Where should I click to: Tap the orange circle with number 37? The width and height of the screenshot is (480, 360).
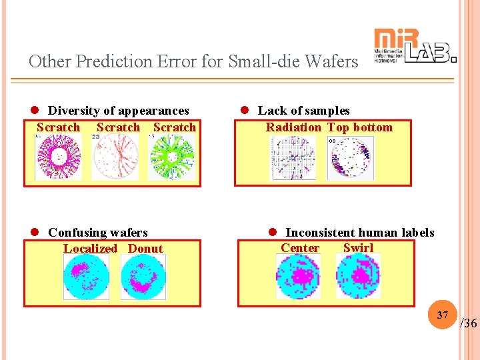pos(442,315)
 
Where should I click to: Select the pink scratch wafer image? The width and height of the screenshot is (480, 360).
pos(57,157)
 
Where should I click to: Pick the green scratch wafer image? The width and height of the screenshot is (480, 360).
pos(172,157)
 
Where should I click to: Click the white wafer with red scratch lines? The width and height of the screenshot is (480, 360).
pos(115,157)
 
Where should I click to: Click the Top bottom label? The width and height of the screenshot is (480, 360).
pos(360,127)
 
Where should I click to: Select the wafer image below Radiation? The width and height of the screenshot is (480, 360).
pos(293,158)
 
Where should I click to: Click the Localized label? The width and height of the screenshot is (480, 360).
pos(90,249)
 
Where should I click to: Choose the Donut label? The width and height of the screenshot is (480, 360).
pos(145,249)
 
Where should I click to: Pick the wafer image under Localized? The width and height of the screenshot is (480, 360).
pos(86,277)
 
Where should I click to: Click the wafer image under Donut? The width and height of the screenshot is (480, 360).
pos(143,277)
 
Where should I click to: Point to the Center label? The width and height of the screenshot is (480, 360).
pos(299,248)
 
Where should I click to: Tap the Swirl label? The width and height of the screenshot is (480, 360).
pos(358,248)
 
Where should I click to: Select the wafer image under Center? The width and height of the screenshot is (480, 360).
pos(298,276)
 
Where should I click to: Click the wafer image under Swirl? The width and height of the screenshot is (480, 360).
pos(358,276)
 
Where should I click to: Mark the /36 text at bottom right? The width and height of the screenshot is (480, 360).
pos(469,323)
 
